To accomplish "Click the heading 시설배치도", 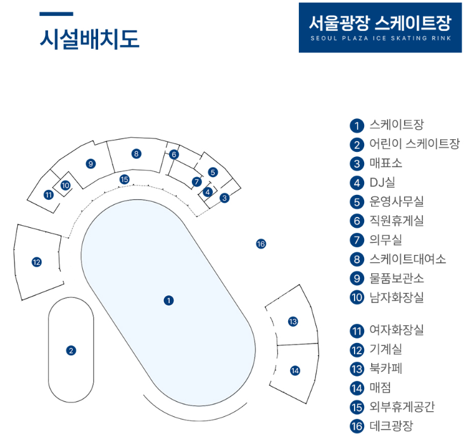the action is click(89, 39).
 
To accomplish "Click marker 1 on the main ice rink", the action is click(168, 300).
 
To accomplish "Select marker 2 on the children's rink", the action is click(71, 350).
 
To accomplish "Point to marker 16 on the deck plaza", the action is click(261, 244).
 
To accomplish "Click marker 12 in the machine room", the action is click(37, 262).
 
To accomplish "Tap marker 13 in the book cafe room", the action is click(293, 321).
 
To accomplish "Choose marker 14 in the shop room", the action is click(294, 371).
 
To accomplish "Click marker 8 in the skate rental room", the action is click(136, 153).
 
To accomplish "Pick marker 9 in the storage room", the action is click(91, 164).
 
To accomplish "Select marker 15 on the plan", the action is click(125, 179).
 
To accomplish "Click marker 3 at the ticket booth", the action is click(225, 197).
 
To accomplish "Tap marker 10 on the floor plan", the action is click(65, 185).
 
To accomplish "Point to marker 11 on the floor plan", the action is click(49, 194).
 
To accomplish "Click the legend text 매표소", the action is click(385, 163).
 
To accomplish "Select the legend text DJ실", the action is click(382, 183).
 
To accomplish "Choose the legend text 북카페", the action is click(385, 368).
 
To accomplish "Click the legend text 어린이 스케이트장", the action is click(414, 144).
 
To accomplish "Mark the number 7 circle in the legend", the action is click(357, 240).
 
